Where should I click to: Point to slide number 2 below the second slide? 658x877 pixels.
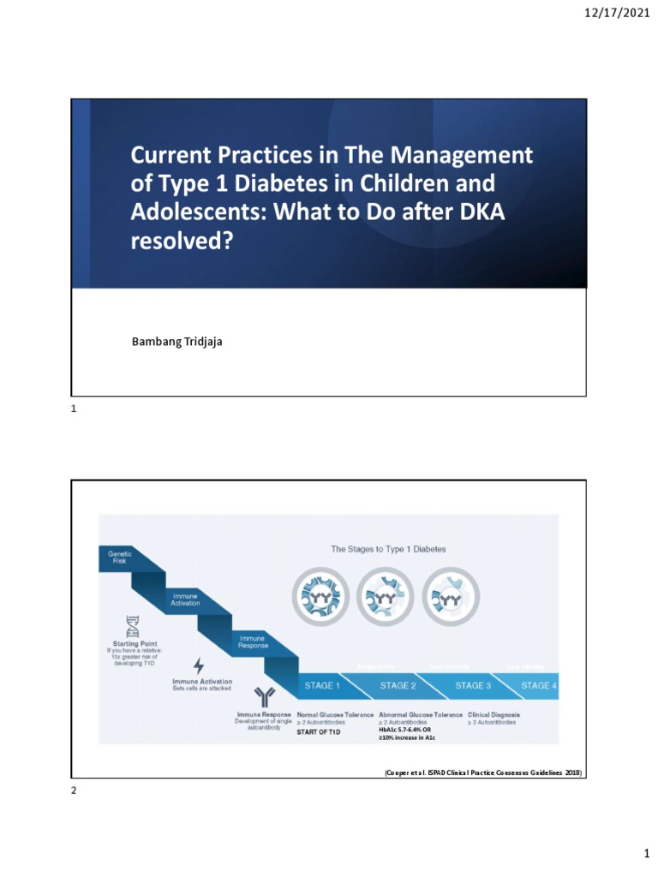coord(74,790)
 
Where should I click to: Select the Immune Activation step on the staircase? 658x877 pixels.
coord(185,600)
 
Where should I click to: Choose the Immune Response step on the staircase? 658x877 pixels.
coord(251,641)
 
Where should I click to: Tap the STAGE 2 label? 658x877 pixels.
coord(399,686)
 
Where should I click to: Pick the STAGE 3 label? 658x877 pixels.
coord(473,686)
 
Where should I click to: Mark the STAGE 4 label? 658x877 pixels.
coord(539,686)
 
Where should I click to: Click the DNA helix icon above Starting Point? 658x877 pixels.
coord(132,625)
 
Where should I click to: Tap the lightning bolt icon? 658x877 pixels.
coord(199,665)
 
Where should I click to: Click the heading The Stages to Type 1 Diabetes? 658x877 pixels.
coord(388,549)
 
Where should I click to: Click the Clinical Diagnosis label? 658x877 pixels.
coord(493,714)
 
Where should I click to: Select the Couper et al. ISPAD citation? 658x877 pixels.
coord(482,773)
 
